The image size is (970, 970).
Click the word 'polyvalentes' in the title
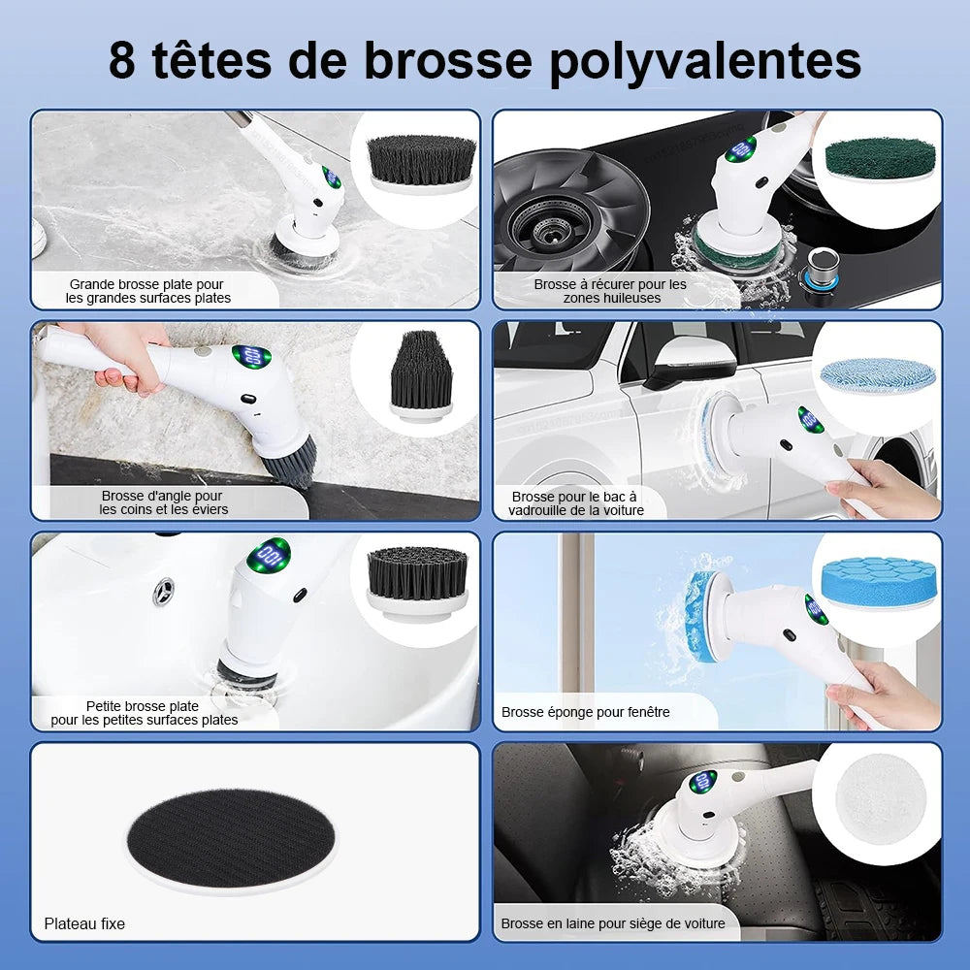coord(706,60)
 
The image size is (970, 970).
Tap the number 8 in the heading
coord(123,60)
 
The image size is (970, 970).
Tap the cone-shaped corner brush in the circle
coord(421,373)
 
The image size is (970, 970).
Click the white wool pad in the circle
coord(880,797)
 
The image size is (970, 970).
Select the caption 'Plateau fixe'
coord(84,923)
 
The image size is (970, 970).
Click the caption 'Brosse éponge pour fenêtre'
coord(585,712)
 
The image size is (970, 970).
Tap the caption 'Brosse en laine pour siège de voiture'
coord(612,923)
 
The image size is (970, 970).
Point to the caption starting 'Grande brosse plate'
coord(147,291)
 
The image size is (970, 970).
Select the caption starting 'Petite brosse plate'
coord(144,713)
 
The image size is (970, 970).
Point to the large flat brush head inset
coord(420,161)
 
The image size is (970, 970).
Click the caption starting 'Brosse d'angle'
coord(163,502)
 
